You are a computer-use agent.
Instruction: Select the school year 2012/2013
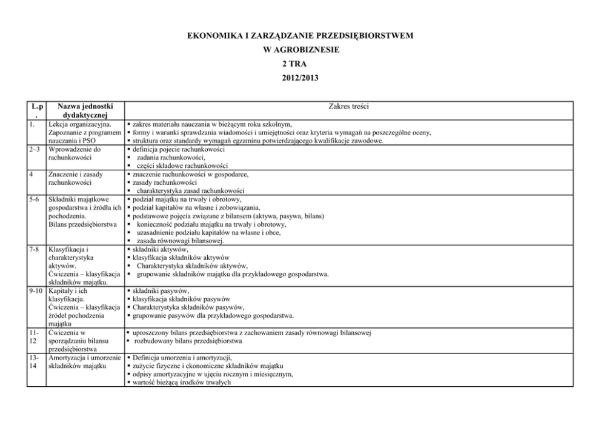click(x=300, y=77)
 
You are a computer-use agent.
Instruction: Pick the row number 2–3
click(x=36, y=149)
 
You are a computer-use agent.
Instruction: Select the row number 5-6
click(x=36, y=199)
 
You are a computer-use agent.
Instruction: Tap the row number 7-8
click(x=36, y=249)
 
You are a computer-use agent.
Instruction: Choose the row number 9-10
click(x=37, y=290)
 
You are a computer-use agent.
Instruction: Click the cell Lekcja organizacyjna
click(x=79, y=124)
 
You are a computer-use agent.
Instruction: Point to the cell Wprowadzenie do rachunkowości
click(x=76, y=153)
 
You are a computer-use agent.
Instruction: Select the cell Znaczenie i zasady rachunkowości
click(x=76, y=178)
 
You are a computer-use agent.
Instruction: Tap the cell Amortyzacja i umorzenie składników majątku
click(x=85, y=361)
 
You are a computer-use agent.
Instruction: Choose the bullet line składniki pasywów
click(x=161, y=291)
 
